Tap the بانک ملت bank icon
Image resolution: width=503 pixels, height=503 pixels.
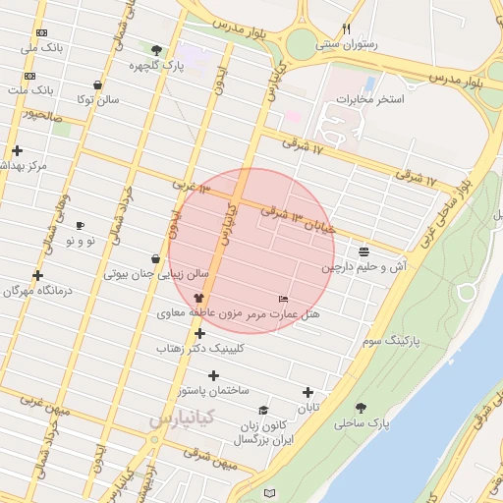pyautogui.click(x=29, y=76)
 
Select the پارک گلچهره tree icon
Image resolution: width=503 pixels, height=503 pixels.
pyautogui.click(x=157, y=49)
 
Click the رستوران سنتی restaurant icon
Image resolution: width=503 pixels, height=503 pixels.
pyautogui.click(x=346, y=28)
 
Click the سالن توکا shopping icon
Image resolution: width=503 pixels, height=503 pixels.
pyautogui.click(x=96, y=85)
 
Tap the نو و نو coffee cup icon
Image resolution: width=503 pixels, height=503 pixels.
pyautogui.click(x=81, y=225)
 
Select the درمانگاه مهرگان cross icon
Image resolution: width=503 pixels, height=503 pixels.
pyautogui.click(x=38, y=276)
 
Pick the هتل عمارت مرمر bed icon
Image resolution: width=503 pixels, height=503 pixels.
pyautogui.click(x=284, y=299)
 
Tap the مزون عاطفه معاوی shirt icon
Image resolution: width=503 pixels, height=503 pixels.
pyautogui.click(x=199, y=299)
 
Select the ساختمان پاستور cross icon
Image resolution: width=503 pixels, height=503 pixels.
pyautogui.click(x=214, y=375)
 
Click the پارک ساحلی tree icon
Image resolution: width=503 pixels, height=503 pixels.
pyautogui.click(x=361, y=408)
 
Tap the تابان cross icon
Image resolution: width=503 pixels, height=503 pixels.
pyautogui.click(x=308, y=392)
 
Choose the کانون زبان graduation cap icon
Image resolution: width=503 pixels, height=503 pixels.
pyautogui.click(x=262, y=411)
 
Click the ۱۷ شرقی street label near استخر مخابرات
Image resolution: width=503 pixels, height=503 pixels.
pyautogui.click(x=303, y=144)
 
